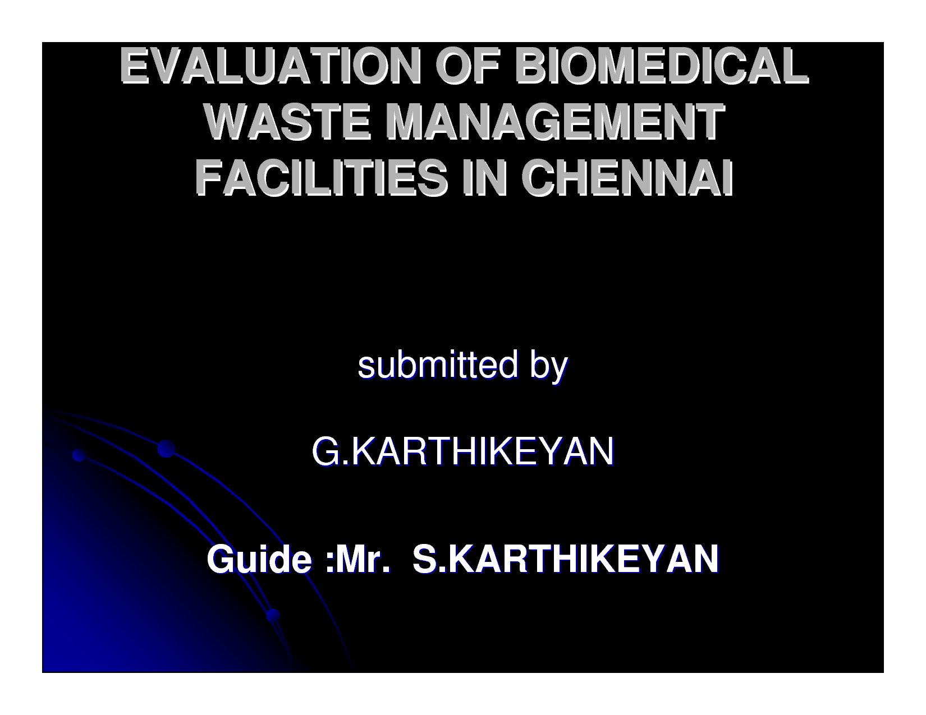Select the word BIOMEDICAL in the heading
[661, 66]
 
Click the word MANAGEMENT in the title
[555, 122]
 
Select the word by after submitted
[549, 367]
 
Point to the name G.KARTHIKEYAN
[463, 451]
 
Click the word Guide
[259, 559]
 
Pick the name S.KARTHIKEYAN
[566, 559]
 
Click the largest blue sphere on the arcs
[167, 449]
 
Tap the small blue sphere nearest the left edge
[79, 455]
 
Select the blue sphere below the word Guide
[273, 616]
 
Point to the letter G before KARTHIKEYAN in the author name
[326, 451]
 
